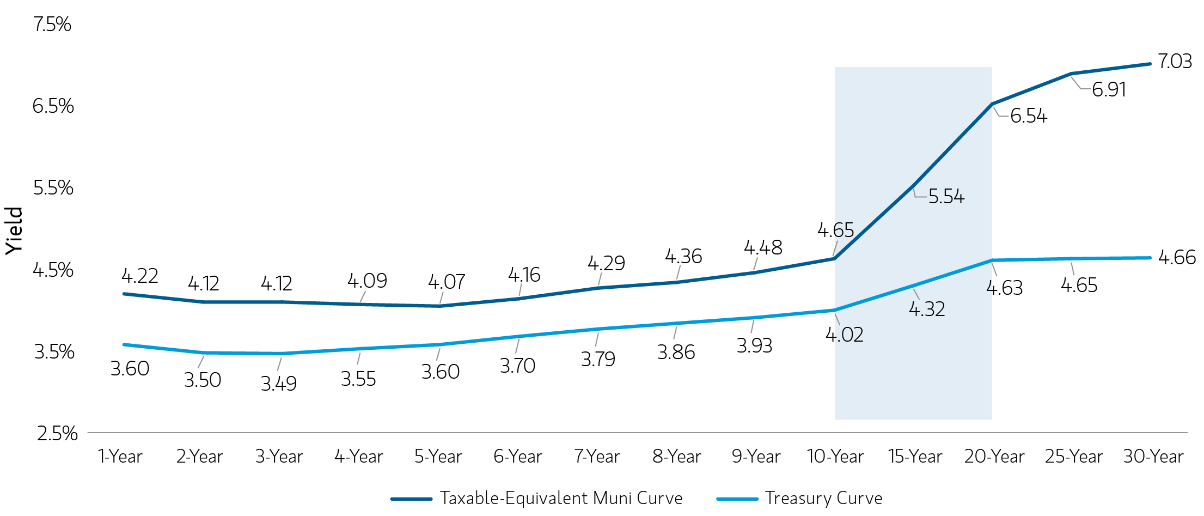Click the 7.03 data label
pyautogui.click(x=1175, y=62)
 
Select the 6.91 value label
pyautogui.click(x=1109, y=90)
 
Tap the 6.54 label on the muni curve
pyautogui.click(x=1028, y=116)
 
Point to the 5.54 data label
pyautogui.click(x=946, y=197)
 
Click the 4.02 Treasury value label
pyautogui.click(x=844, y=335)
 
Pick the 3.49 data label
pyautogui.click(x=278, y=384)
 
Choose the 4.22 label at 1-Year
pyautogui.click(x=139, y=276)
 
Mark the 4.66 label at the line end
pyautogui.click(x=1176, y=257)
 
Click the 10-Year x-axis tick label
pyautogui.click(x=835, y=457)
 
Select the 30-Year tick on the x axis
pyautogui.click(x=1153, y=457)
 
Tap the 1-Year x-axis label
pyautogui.click(x=120, y=457)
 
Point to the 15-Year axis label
pyautogui.click(x=915, y=457)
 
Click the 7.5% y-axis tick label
pyautogui.click(x=52, y=25)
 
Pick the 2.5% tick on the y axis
pyautogui.click(x=57, y=434)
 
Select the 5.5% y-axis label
pyautogui.click(x=53, y=188)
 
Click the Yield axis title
pyautogui.click(x=14, y=230)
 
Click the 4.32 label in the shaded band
pyautogui.click(x=927, y=309)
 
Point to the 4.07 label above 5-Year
pyautogui.click(x=446, y=282)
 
